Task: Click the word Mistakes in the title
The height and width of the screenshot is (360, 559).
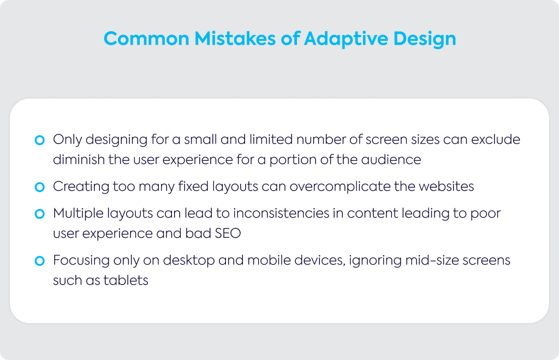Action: click(x=235, y=39)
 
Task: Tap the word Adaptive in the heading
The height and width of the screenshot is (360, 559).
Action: click(x=346, y=39)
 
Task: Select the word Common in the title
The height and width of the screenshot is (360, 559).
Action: click(x=146, y=39)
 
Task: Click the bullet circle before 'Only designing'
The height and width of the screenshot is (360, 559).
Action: click(x=39, y=140)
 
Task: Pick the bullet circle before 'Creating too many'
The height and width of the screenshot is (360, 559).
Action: click(x=39, y=187)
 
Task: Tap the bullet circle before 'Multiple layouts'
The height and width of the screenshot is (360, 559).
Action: click(x=39, y=214)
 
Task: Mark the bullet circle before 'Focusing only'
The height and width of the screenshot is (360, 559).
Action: click(x=39, y=261)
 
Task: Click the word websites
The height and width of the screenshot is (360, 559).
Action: click(x=447, y=186)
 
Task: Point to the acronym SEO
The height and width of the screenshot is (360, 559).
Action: click(x=228, y=233)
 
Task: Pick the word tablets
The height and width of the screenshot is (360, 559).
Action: click(x=126, y=280)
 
